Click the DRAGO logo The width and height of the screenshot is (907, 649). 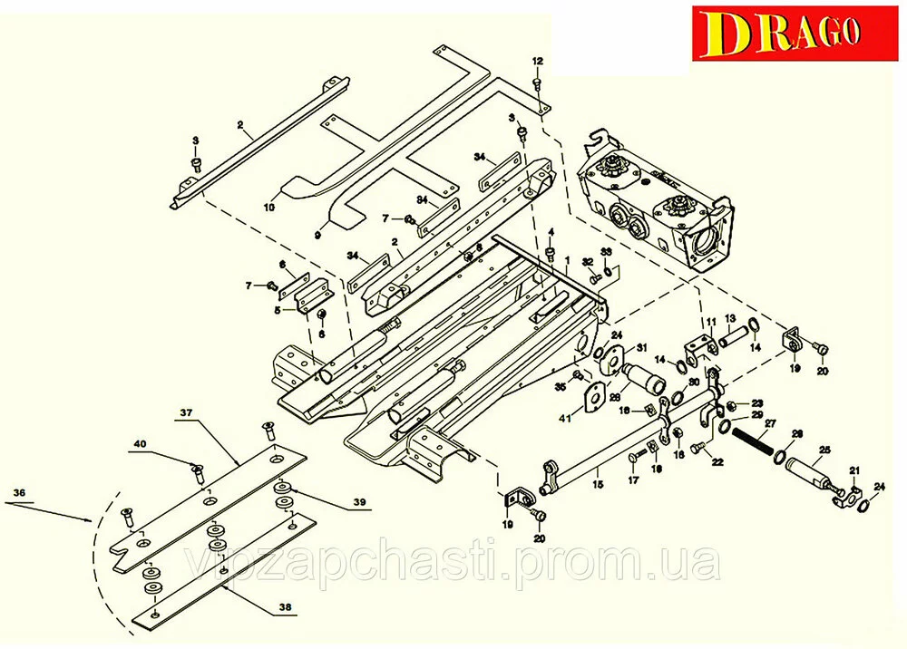click(788, 34)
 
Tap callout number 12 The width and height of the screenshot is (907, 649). click(537, 61)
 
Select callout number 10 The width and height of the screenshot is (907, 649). click(268, 208)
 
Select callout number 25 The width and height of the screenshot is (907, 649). click(824, 450)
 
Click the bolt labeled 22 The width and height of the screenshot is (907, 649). click(697, 447)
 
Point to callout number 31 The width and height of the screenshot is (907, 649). click(641, 347)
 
